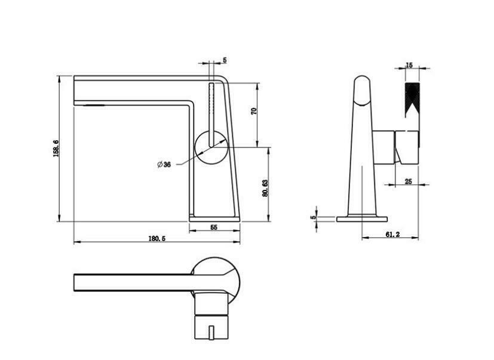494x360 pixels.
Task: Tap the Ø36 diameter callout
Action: (x=164, y=164)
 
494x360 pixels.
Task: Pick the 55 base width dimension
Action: (x=213, y=227)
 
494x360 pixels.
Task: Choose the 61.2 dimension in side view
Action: (x=392, y=235)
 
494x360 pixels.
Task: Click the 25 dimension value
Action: (x=409, y=181)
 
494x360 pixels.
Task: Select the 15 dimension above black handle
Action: (x=409, y=64)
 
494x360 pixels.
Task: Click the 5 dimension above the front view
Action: (x=225, y=60)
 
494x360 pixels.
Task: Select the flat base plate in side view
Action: (x=362, y=219)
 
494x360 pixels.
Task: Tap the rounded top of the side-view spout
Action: (x=362, y=84)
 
